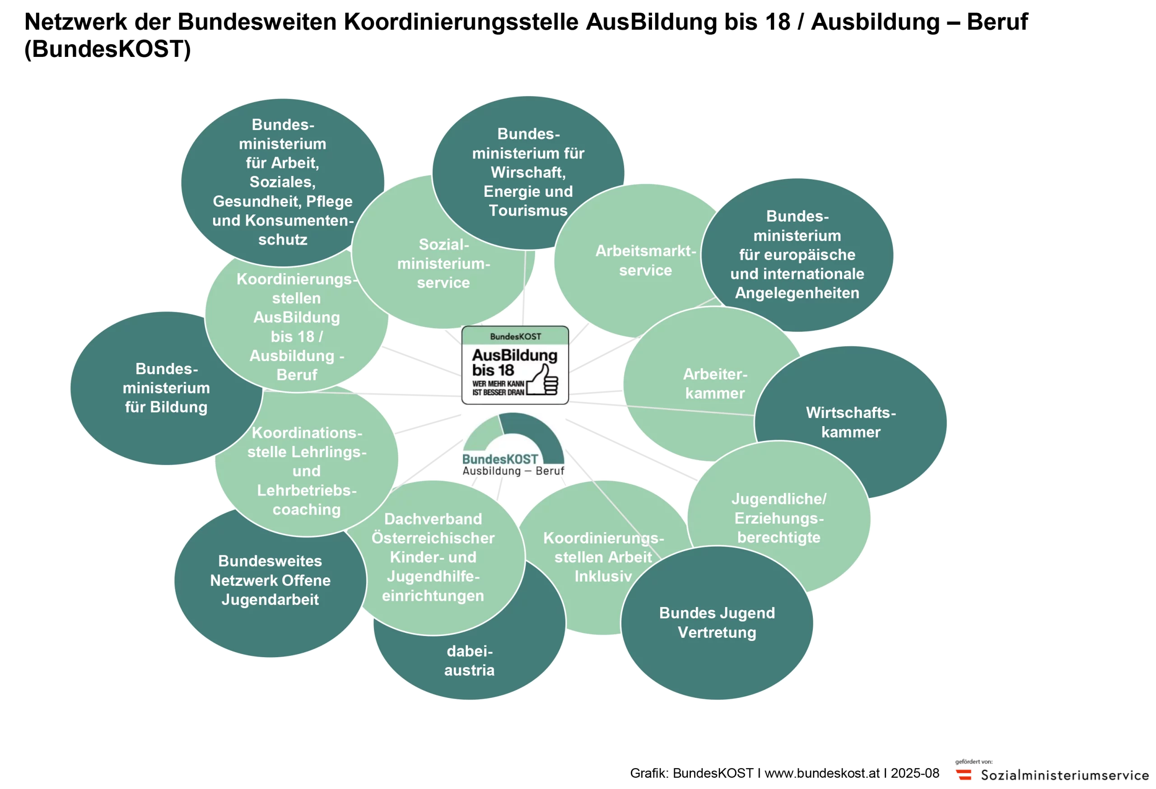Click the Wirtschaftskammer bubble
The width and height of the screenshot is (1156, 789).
[851, 422]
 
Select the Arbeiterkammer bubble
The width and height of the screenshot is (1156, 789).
[715, 383]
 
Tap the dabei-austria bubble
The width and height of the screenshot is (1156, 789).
[469, 661]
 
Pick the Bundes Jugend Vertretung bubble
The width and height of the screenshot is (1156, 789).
[717, 622]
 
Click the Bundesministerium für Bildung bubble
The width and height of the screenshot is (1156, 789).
[166, 388]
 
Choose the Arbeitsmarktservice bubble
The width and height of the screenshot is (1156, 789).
[645, 260]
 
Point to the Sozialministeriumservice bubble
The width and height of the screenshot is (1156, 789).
[443, 264]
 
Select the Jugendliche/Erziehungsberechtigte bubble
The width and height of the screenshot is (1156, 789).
[779, 518]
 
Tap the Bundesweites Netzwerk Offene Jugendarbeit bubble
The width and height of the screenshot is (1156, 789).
[270, 580]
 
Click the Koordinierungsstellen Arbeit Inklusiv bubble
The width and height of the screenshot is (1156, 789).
[603, 557]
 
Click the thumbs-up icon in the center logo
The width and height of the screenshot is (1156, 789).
[543, 381]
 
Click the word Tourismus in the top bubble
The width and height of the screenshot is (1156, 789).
[528, 211]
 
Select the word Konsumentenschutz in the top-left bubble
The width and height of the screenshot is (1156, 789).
[283, 230]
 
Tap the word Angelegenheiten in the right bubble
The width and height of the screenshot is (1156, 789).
[797, 293]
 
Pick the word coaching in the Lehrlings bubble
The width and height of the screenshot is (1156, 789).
[307, 510]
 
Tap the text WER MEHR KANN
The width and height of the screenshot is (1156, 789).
[498, 384]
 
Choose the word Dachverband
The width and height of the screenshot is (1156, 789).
[433, 519]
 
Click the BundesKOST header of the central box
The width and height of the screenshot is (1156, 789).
[515, 337]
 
